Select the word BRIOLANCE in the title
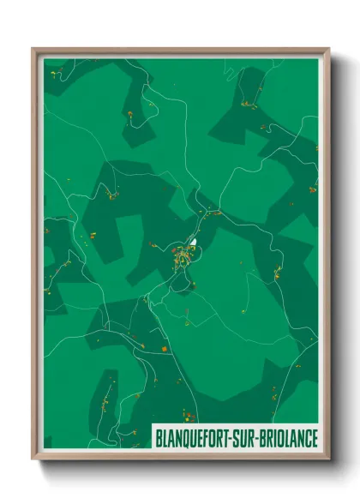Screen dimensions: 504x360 (289, 438)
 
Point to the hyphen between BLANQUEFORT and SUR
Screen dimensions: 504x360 (235, 438)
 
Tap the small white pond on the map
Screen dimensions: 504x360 (195, 243)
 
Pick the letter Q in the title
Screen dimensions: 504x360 (189, 438)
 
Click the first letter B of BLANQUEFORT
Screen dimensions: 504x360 (159, 438)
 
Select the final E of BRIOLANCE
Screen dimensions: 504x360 (312, 438)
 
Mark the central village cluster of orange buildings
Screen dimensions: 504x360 (183, 255)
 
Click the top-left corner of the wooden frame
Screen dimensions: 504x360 (33, 49)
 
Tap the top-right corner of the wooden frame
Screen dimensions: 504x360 (328, 49)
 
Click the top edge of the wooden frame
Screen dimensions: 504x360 (180, 50)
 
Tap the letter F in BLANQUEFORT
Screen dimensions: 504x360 (208, 438)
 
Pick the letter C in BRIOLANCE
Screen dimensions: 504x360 (304, 438)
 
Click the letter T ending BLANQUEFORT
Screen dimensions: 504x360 (230, 438)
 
